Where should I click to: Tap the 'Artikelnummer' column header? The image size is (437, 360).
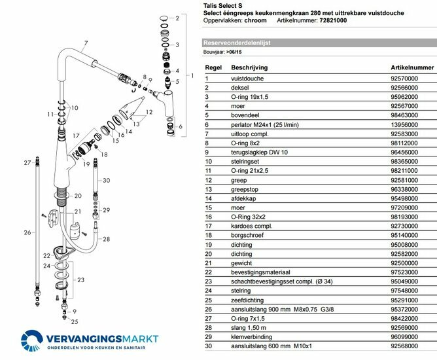coord(412,67)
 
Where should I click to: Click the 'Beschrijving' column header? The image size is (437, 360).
coord(248,67)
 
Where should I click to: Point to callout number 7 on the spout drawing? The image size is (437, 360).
coord(85,44)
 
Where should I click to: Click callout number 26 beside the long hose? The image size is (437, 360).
coord(27,232)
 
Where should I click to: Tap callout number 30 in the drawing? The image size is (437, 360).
coord(107,180)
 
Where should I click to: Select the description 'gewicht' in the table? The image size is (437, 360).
coord(242,262)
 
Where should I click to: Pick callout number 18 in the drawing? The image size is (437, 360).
coord(104,154)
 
